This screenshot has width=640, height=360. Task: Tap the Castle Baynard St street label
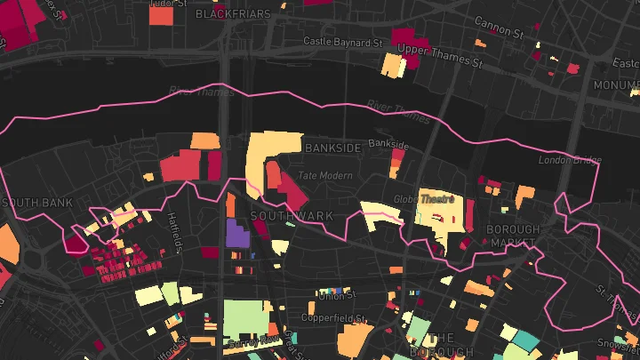(342, 42)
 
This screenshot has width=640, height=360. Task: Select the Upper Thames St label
(439, 54)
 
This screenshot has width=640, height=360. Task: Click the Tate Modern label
(325, 176)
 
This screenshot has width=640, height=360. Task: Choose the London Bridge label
(569, 160)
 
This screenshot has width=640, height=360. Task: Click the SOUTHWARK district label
(292, 216)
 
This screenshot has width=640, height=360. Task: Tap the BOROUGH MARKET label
(513, 236)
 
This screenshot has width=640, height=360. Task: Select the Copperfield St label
(334, 317)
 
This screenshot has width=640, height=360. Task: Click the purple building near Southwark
(237, 234)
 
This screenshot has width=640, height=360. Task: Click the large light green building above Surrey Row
(245, 318)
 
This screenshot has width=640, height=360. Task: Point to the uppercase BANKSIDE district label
(332, 148)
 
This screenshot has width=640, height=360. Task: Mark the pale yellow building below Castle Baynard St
(392, 65)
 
